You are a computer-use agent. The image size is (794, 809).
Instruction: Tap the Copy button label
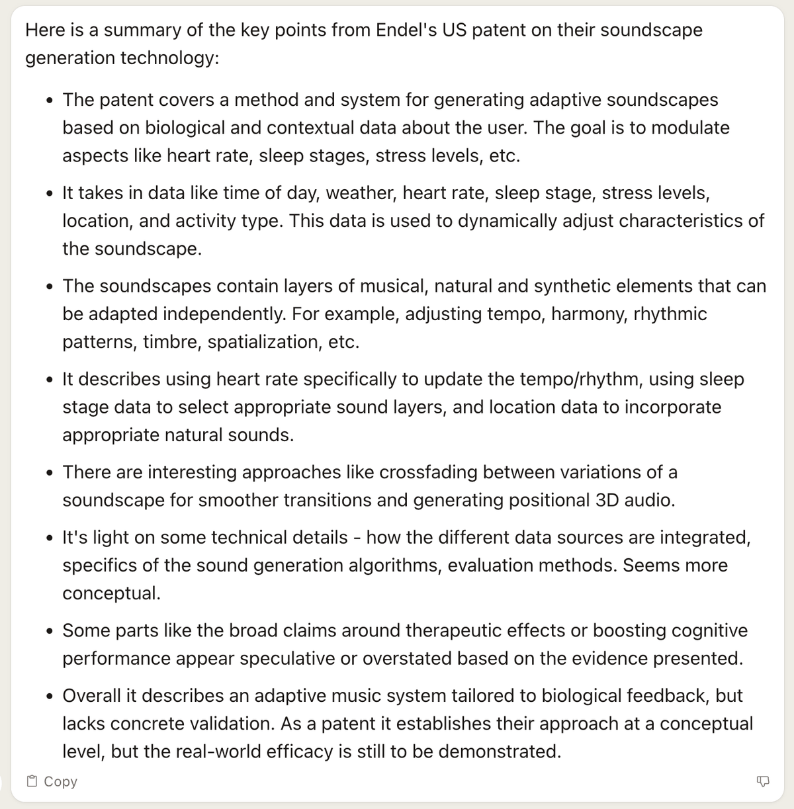click(x=60, y=781)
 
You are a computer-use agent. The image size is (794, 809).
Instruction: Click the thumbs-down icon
click(x=762, y=781)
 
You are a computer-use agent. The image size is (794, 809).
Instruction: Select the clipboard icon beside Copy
click(x=32, y=781)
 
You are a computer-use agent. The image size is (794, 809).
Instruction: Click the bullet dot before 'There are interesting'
click(x=50, y=474)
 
